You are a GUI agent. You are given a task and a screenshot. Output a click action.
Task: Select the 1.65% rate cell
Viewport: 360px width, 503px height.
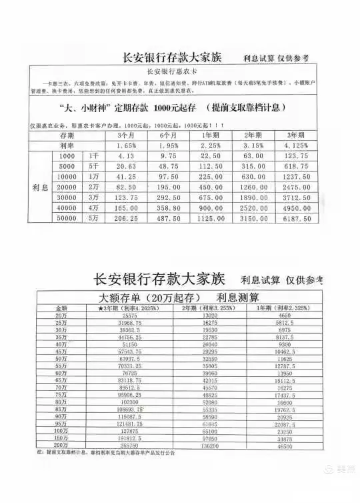(x=126, y=145)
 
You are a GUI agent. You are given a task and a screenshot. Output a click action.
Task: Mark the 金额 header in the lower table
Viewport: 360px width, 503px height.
(x=61, y=308)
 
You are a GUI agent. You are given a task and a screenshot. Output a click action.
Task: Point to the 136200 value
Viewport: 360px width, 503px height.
(x=209, y=444)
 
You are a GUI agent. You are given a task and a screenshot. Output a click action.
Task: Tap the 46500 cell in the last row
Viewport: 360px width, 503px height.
(x=284, y=444)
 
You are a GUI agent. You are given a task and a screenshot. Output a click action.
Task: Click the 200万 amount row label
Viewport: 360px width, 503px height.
(x=61, y=444)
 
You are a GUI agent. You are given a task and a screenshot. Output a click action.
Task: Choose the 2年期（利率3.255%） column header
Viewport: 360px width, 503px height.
(x=209, y=308)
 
